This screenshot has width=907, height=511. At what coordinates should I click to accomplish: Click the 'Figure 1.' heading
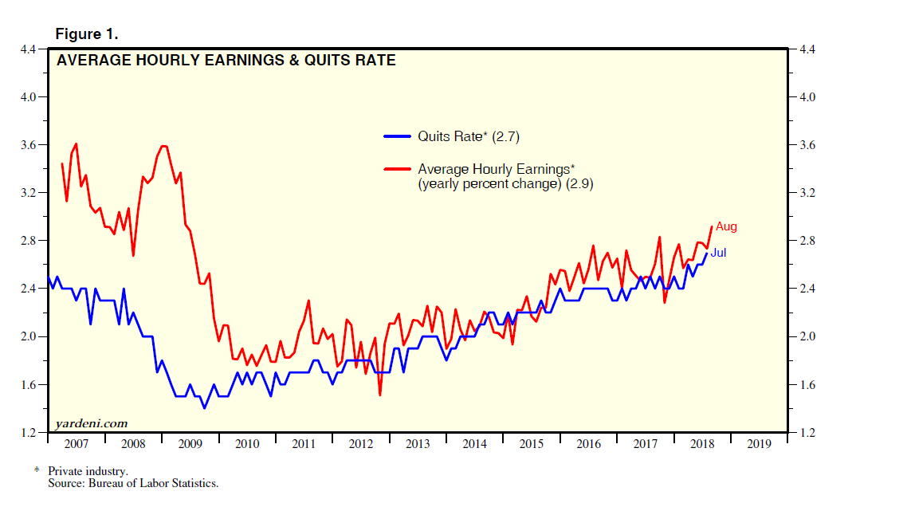coord(86,34)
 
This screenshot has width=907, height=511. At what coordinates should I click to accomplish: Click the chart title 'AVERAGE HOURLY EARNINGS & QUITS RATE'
coord(226,60)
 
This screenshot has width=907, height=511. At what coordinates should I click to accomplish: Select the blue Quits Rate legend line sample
coord(398,136)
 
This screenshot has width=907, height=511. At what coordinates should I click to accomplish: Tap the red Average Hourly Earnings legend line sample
coord(398,168)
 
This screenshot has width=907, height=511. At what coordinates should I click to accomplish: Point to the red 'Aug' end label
coord(726,226)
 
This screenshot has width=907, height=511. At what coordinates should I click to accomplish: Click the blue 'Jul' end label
coord(718,253)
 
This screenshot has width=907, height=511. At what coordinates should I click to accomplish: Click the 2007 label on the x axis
coord(77,443)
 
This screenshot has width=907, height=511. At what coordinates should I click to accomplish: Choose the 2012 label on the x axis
coord(360,443)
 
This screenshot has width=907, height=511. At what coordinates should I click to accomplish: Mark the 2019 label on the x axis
coord(758,443)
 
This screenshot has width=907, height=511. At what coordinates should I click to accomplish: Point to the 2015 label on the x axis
coord(531,443)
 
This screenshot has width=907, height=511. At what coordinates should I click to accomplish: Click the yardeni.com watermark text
coord(91,423)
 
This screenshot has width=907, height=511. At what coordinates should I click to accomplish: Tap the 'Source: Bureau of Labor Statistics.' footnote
coord(133,483)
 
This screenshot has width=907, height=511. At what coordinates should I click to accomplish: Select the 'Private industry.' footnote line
coord(88,471)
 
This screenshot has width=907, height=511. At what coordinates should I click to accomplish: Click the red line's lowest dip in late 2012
coord(380,395)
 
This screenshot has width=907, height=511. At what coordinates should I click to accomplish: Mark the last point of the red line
coord(711,227)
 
